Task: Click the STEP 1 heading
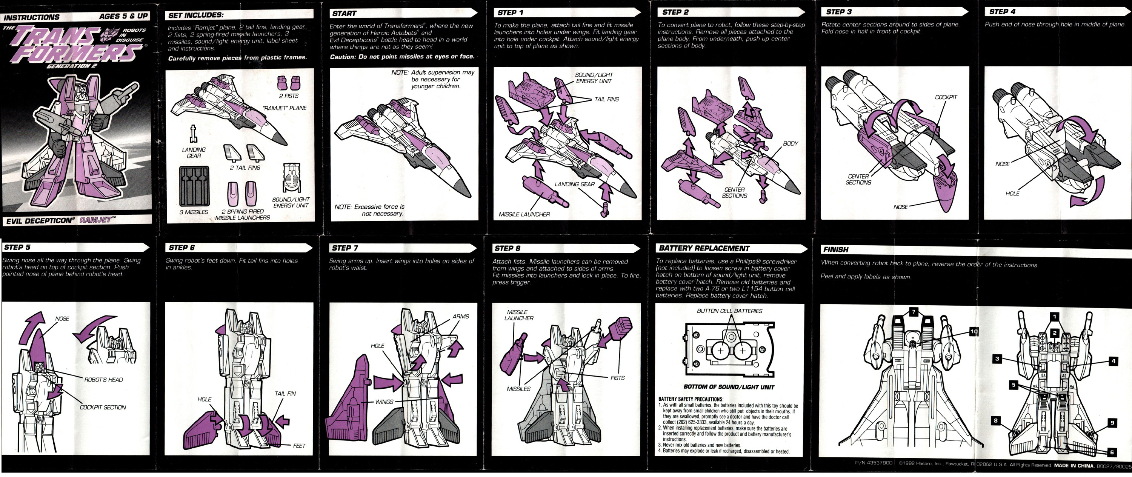pyautogui.click(x=510, y=13)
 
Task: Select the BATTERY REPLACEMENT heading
pyautogui.click(x=704, y=248)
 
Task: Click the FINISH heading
pyautogui.click(x=836, y=250)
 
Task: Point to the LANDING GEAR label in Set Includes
pyautogui.click(x=194, y=152)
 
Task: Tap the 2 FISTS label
pyautogui.click(x=289, y=96)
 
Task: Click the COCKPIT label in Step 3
pyautogui.click(x=946, y=97)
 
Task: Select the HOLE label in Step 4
pyautogui.click(x=1012, y=194)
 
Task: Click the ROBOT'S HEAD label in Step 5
pyautogui.click(x=104, y=380)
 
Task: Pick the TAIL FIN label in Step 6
pyautogui.click(x=285, y=394)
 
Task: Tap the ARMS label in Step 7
pyautogui.click(x=460, y=317)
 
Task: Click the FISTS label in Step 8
pyautogui.click(x=617, y=378)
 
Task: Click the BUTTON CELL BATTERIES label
pyautogui.click(x=729, y=311)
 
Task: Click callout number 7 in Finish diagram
pyautogui.click(x=914, y=312)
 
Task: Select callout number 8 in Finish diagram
pyautogui.click(x=996, y=421)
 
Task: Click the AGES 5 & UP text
pyautogui.click(x=123, y=16)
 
